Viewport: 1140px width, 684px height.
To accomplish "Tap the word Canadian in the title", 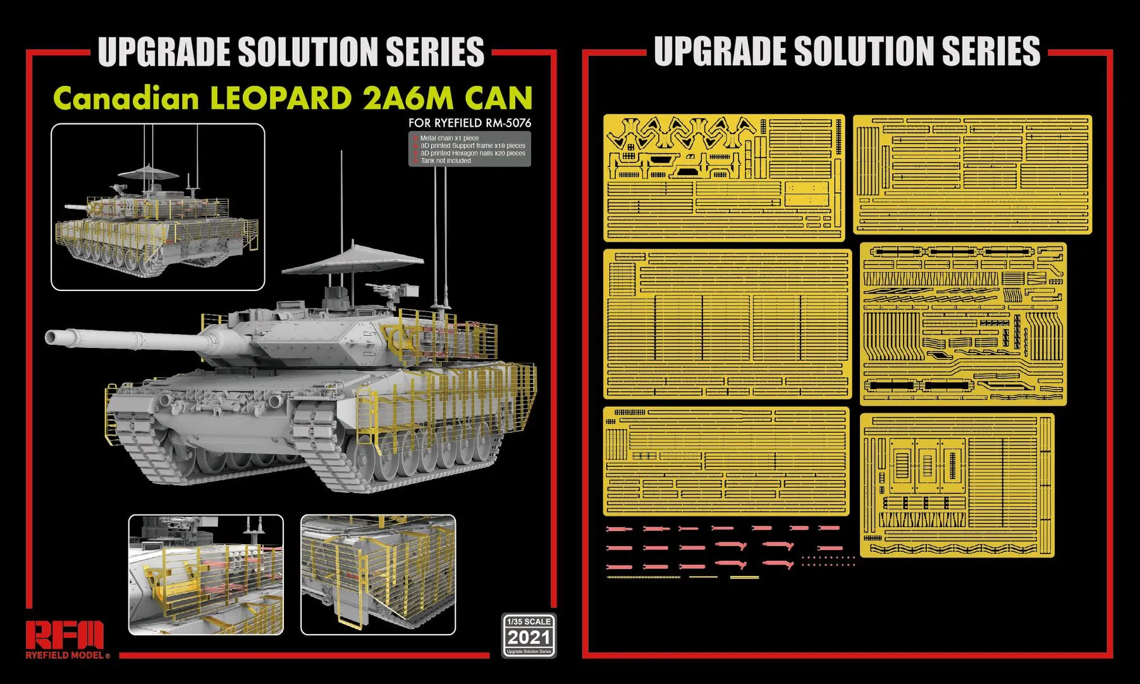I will (x=126, y=99).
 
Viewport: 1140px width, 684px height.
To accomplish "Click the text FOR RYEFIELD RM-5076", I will (x=469, y=123).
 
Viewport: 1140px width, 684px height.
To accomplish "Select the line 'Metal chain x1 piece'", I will (x=449, y=138).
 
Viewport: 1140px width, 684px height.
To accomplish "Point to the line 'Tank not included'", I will (x=446, y=161).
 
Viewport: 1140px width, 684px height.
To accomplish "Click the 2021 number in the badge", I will (x=529, y=637).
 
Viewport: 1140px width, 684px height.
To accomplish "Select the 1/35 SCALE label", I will (x=529, y=621).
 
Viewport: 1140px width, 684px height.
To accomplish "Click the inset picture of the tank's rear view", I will (x=157, y=207).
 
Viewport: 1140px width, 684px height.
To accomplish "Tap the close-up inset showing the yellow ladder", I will (x=377, y=575).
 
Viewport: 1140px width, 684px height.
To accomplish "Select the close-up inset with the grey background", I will (x=205, y=575).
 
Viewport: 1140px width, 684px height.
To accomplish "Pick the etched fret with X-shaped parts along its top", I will (x=724, y=177).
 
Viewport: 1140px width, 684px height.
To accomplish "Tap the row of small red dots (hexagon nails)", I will (x=828, y=561).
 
